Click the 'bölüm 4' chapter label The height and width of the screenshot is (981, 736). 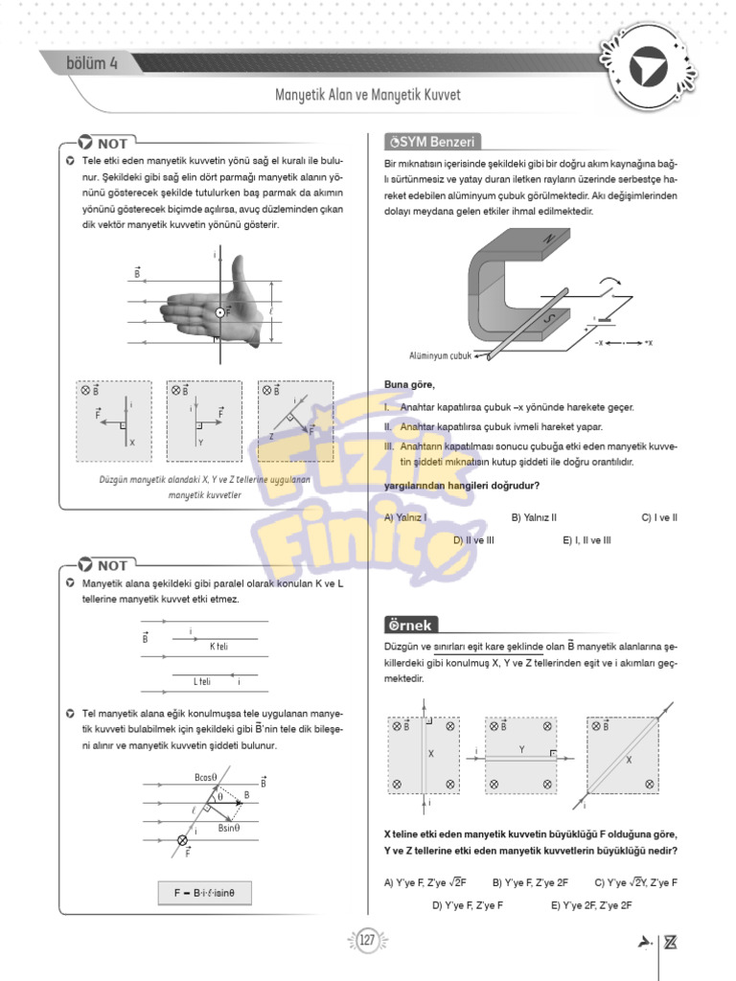(92, 64)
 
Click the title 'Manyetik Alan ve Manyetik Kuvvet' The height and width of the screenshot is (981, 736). (368, 96)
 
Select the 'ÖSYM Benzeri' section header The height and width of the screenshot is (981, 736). (430, 142)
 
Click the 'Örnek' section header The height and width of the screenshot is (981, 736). (410, 625)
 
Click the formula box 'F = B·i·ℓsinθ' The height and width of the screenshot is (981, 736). (211, 892)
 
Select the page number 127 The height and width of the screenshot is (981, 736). (367, 941)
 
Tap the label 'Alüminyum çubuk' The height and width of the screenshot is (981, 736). (441, 354)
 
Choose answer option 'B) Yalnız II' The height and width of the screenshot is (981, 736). (534, 517)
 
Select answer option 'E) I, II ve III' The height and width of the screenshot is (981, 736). (586, 540)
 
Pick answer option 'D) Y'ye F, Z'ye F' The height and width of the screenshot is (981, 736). (467, 904)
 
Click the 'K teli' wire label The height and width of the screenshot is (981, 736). (218, 647)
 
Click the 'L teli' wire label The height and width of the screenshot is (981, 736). (201, 681)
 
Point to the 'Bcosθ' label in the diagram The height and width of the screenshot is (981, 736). (206, 777)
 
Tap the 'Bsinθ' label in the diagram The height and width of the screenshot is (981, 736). (228, 828)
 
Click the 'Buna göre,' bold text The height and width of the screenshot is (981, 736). (409, 385)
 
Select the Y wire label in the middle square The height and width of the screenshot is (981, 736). (521, 749)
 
